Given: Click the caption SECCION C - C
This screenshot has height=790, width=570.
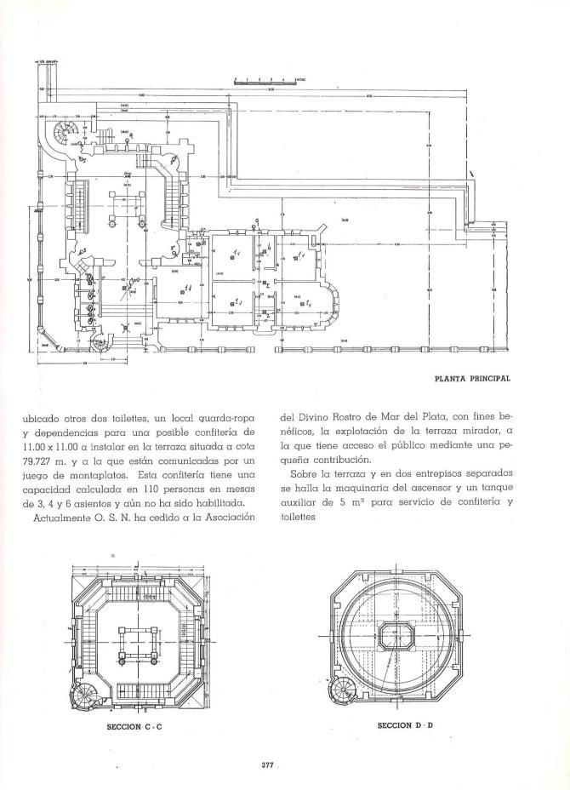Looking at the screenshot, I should [x=135, y=728].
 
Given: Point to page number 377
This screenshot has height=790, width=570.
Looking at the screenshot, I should [x=266, y=764].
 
